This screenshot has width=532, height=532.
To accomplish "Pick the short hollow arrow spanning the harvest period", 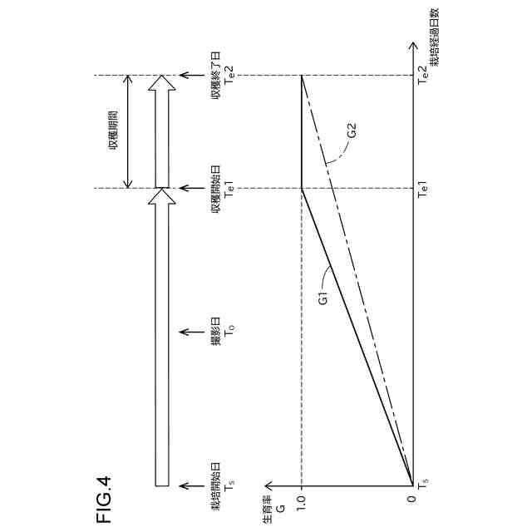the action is coord(163,131).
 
